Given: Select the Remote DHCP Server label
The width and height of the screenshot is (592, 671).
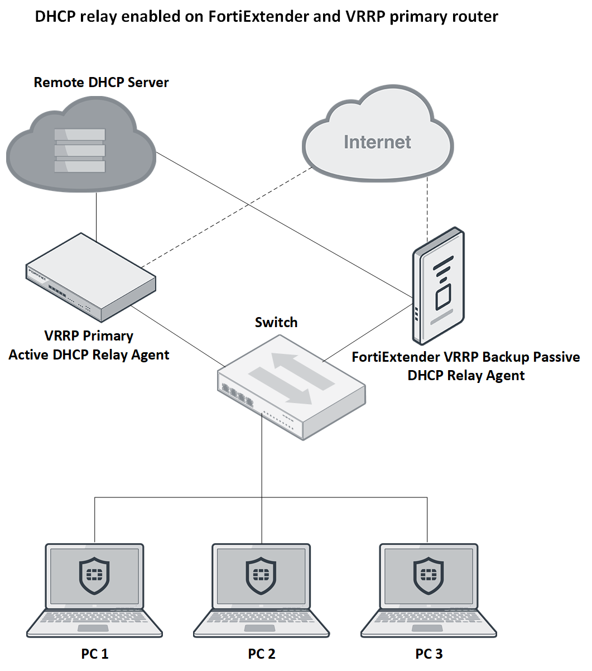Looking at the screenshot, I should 101,83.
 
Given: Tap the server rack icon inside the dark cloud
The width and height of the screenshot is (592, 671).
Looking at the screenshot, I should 80,150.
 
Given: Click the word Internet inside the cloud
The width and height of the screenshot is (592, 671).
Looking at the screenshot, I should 377,142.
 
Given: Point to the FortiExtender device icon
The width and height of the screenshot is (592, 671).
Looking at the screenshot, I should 439,286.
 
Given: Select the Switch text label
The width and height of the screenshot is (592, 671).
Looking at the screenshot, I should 276,323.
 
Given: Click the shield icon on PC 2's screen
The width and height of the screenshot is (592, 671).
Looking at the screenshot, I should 261,575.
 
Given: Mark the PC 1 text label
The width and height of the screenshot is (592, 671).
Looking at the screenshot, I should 94,654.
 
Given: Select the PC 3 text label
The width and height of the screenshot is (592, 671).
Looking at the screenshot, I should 429,654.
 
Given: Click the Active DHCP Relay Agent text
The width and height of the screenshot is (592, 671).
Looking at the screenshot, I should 89,355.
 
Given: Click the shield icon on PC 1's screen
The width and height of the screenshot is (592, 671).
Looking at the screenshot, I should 94,575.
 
